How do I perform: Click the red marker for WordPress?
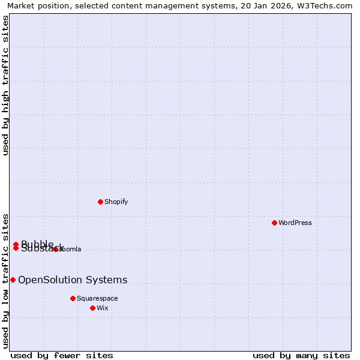274,223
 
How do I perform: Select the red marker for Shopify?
100,202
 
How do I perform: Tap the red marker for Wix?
92,308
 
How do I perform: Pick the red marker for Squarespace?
73,298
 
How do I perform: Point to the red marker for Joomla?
55,249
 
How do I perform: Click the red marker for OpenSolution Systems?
13,280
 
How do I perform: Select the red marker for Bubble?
16,244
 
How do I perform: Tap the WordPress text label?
295,223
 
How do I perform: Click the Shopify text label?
116,202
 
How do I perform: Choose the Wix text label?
103,308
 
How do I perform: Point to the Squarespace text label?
97,298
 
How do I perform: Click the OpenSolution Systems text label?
73,280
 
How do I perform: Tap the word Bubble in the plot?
37,243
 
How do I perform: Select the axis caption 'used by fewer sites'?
62,355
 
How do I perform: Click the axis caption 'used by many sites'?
301,355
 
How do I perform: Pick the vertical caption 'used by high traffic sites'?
5,85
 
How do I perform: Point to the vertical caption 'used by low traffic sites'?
5,280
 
